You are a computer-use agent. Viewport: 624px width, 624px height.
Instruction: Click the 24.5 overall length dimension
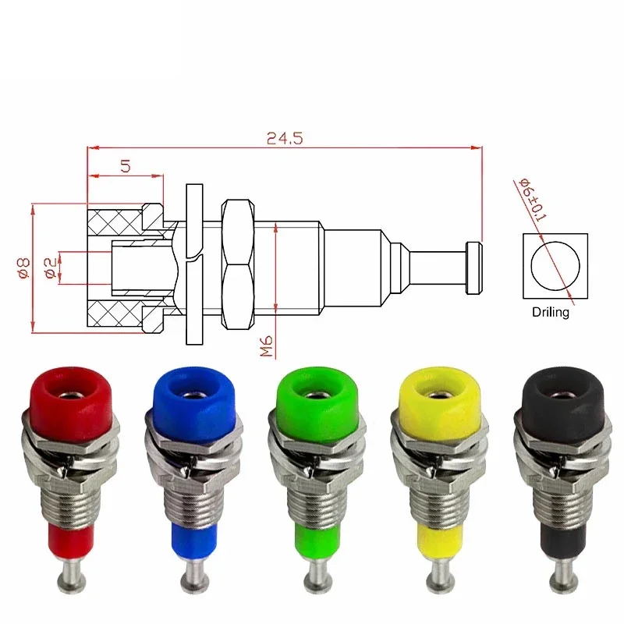coord(284,138)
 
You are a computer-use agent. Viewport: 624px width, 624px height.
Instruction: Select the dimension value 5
coord(125,165)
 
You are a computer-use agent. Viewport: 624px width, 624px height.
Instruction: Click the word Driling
coord(551,312)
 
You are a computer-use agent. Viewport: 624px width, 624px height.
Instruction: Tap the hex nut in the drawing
coord(236,264)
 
